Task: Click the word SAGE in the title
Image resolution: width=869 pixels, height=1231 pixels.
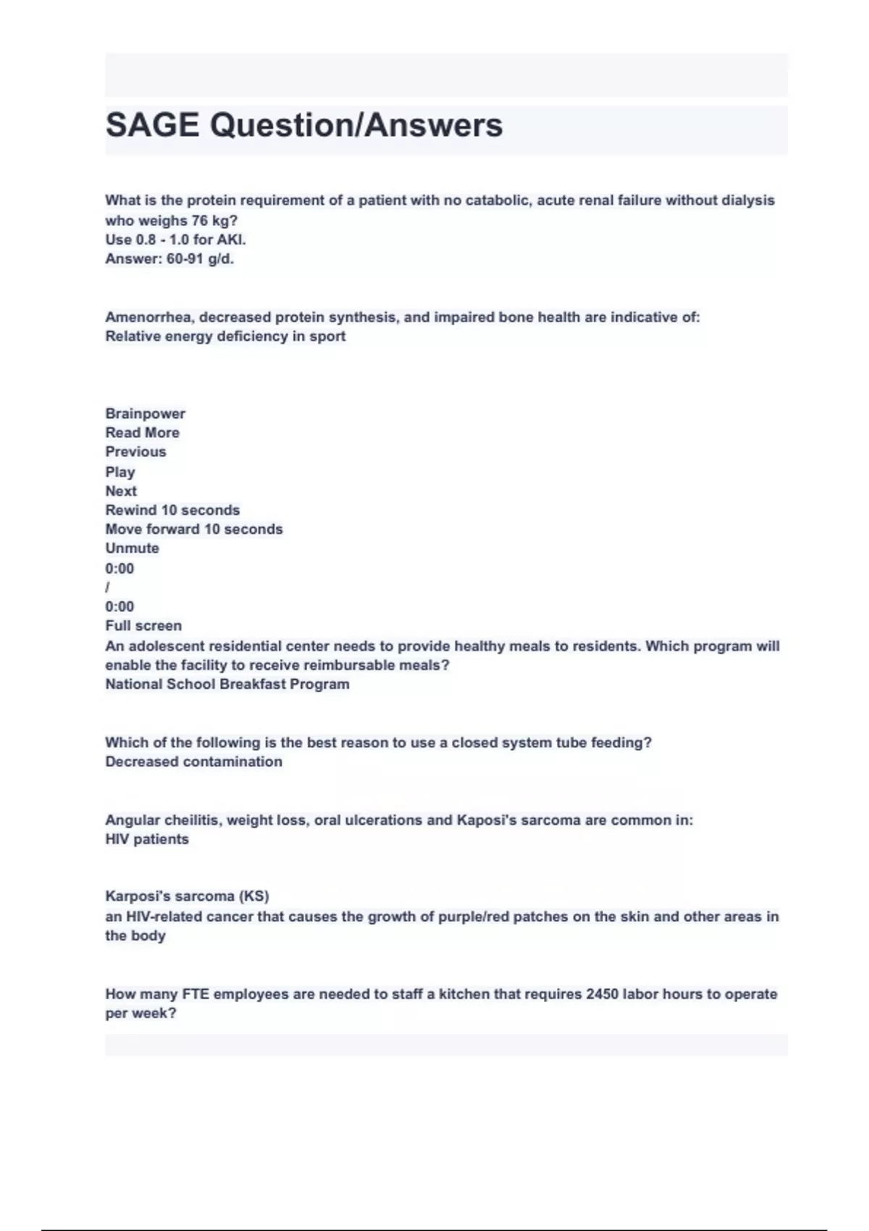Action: point(152,125)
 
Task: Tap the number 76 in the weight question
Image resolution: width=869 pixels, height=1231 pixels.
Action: point(199,220)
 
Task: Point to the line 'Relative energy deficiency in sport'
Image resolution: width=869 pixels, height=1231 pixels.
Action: point(225,336)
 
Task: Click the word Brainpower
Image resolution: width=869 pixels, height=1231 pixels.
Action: point(145,413)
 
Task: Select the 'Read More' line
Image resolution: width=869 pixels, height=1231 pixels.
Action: point(142,432)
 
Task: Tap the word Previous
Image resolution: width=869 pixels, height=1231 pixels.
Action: point(135,451)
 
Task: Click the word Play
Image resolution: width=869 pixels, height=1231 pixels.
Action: point(119,471)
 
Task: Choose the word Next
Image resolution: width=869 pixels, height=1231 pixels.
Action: point(121,490)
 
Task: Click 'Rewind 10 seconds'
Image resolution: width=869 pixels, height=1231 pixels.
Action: point(172,510)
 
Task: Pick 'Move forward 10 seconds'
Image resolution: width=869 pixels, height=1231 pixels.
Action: point(194,529)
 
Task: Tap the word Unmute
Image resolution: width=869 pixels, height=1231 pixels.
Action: point(132,548)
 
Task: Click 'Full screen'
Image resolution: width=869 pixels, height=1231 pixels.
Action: point(143,626)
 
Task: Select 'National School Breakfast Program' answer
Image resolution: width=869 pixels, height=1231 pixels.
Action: point(227,684)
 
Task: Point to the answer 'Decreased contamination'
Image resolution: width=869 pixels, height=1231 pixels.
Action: point(193,762)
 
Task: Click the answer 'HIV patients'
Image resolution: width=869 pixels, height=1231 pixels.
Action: point(147,839)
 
